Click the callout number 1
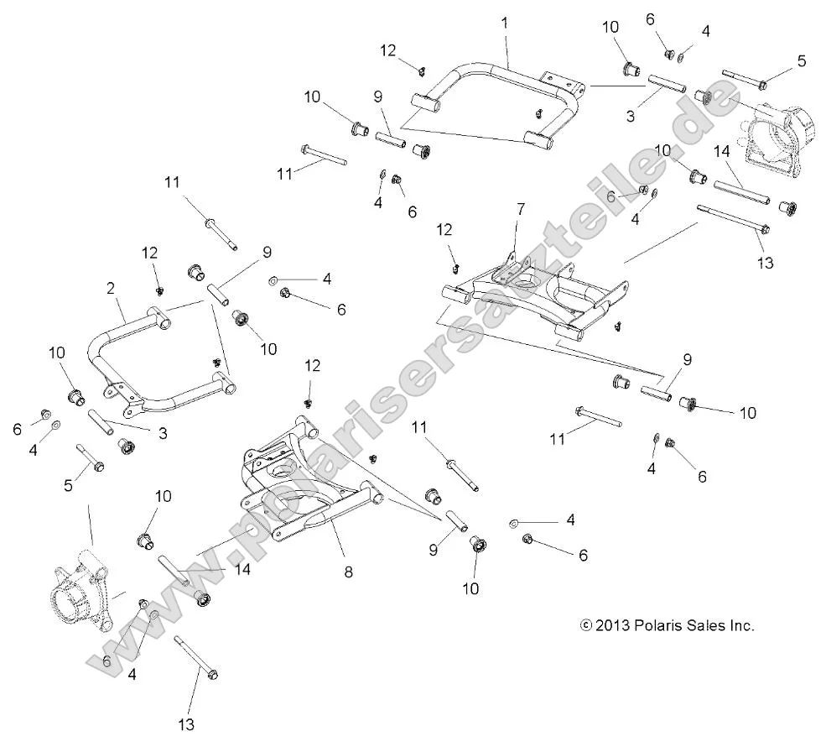coord(505,23)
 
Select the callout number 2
coord(111,288)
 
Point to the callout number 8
coord(348,572)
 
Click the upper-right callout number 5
coord(802,61)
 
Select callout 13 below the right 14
coord(765,263)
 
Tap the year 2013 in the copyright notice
coord(611,625)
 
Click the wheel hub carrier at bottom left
coord(80,587)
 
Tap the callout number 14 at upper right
coord(721,152)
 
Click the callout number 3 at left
coord(163,433)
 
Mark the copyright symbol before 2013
coord(586,625)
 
